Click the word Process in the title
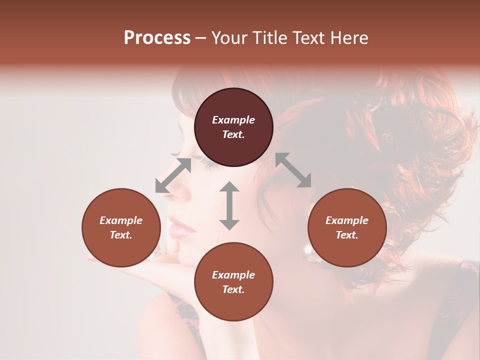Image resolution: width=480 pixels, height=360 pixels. tap(157, 38)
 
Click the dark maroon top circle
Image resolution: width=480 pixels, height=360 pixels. tap(233, 127)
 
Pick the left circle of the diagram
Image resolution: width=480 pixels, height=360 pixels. tap(121, 227)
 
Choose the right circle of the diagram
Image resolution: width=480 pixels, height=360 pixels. tap(346, 227)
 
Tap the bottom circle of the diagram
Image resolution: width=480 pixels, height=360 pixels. tap(233, 282)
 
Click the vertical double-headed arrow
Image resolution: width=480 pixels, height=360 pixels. tap(229, 205)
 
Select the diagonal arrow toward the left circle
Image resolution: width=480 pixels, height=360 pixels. tap(173, 175)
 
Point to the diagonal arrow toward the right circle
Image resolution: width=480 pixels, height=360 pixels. tap(293, 170)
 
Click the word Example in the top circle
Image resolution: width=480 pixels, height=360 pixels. tap(233, 120)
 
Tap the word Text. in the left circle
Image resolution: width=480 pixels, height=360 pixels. tap(121, 235)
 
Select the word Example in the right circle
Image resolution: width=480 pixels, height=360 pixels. tap(346, 220)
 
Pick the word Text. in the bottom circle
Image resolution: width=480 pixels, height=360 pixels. tap(233, 289)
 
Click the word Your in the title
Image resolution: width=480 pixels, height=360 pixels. tap(228, 38)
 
